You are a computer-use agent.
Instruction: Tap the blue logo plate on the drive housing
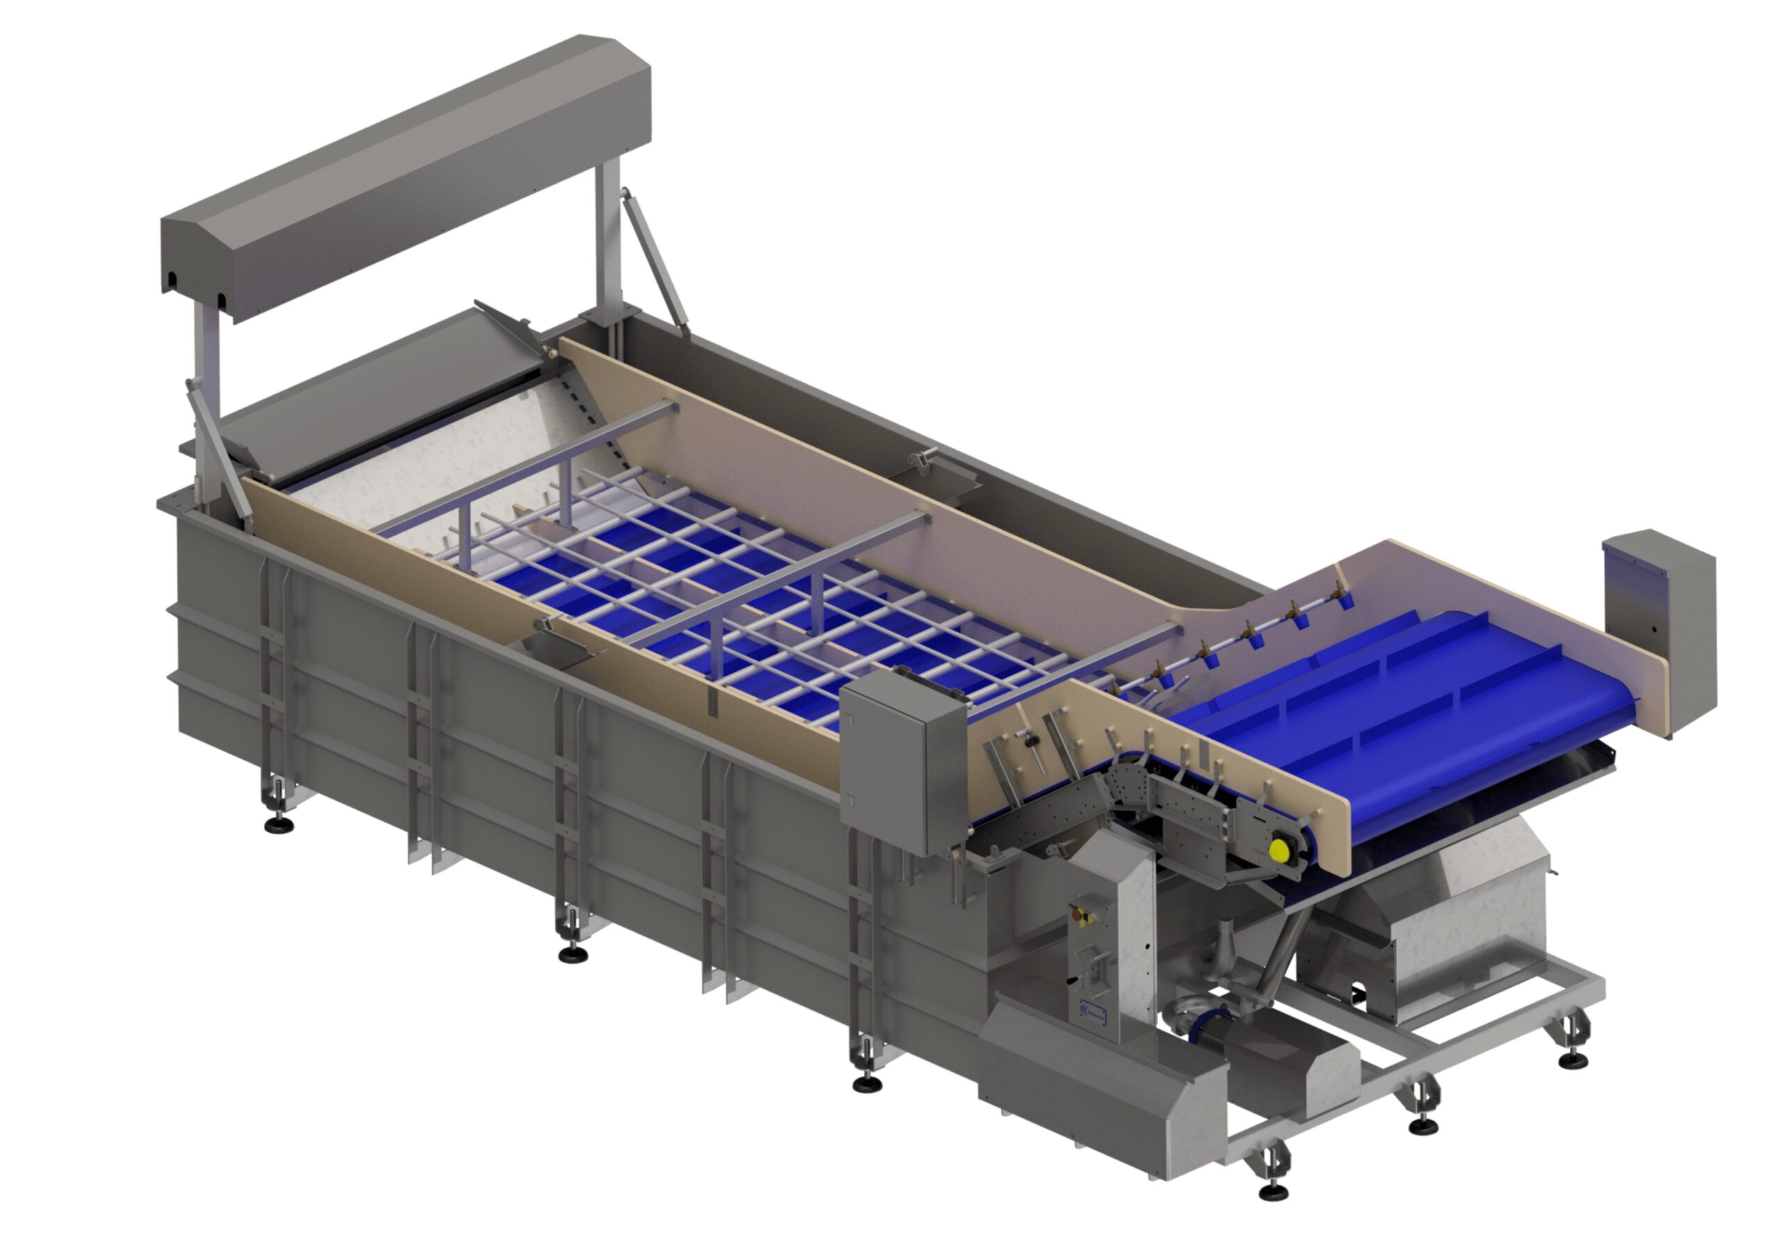tap(1095, 1011)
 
